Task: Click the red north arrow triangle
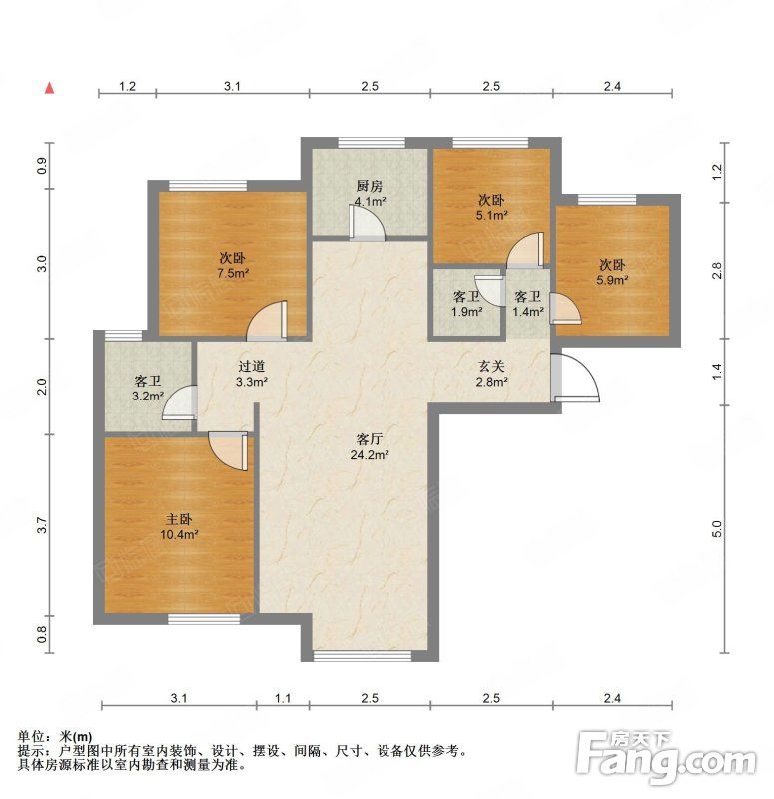[49, 88]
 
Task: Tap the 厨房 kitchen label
[370, 186]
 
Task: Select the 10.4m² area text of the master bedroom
[179, 535]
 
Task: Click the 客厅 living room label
[369, 439]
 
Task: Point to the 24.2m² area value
[370, 455]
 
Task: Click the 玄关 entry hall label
[491, 366]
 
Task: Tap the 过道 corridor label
[252, 366]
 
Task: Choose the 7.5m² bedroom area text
[233, 273]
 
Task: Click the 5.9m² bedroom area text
[612, 280]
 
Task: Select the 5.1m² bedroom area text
[491, 215]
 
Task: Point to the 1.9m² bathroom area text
[466, 311]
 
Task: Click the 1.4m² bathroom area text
[528, 311]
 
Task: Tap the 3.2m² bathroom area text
[148, 396]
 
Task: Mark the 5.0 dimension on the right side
[717, 529]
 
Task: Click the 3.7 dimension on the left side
[42, 525]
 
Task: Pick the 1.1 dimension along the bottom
[283, 698]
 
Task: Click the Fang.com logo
[666, 758]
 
